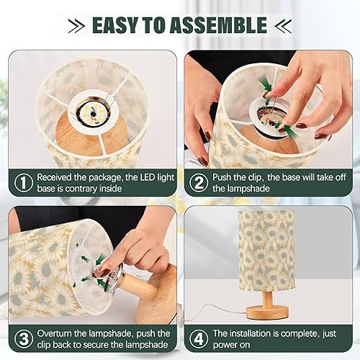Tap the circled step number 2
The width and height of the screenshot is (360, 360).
pos(197,183)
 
